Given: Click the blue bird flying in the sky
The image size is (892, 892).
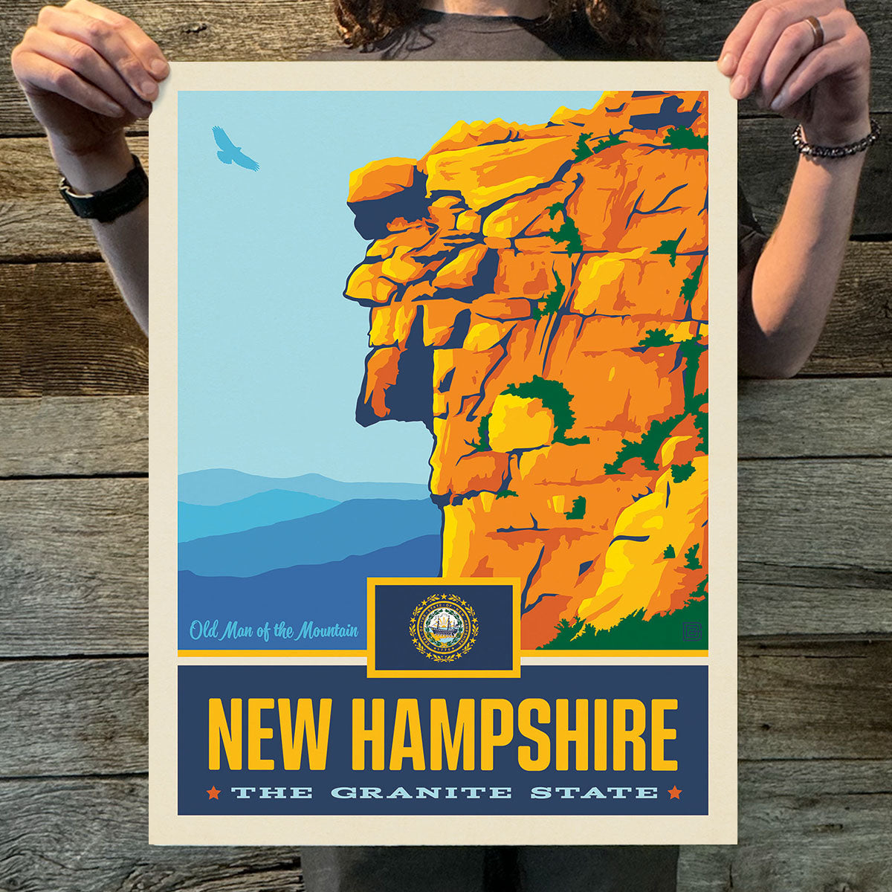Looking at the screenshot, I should [x=233, y=149].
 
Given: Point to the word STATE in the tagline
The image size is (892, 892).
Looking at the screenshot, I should [x=594, y=792].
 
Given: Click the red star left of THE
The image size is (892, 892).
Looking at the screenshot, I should [x=214, y=792].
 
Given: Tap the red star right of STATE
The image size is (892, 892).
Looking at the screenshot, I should [x=675, y=792].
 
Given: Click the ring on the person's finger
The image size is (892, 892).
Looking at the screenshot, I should [x=816, y=31].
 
